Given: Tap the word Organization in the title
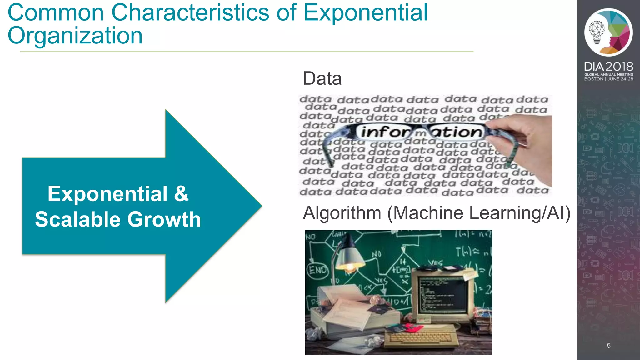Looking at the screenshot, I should pyautogui.click(x=75, y=35).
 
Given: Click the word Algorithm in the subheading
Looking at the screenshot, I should pyautogui.click(x=342, y=213).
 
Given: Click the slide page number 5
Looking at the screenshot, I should pyautogui.click(x=608, y=345).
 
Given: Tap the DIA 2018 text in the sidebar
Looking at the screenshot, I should pyautogui.click(x=608, y=67).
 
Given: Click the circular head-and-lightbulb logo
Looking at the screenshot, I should pyautogui.click(x=608, y=32).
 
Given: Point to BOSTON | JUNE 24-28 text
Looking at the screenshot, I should pyautogui.click(x=608, y=79).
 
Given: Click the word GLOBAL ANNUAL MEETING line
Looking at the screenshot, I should pyautogui.click(x=608, y=74).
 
